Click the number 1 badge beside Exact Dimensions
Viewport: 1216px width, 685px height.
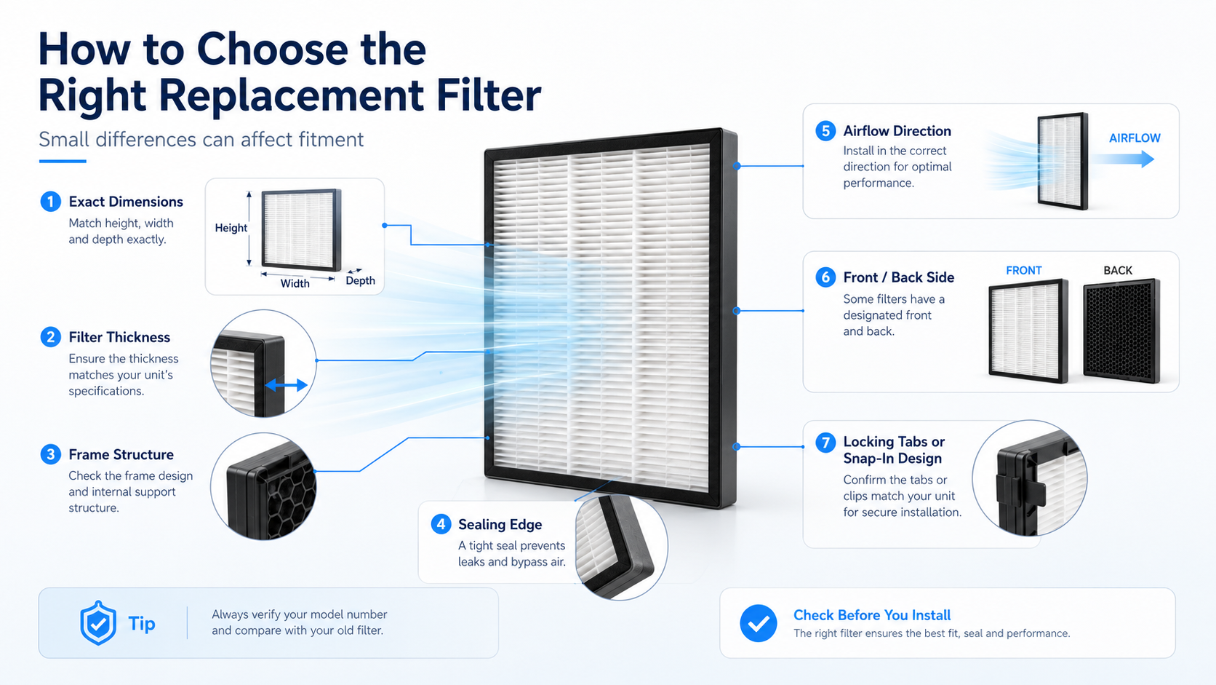[x=50, y=202]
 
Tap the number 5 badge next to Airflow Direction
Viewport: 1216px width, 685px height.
[x=825, y=131]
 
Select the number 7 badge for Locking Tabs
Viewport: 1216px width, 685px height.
[x=825, y=442]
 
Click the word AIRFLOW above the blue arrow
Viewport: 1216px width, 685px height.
[x=1135, y=138]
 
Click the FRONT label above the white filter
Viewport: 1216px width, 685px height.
[x=1023, y=271]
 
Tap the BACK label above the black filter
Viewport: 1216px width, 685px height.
[x=1118, y=271]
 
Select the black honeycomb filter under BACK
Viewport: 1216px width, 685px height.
[x=1121, y=330]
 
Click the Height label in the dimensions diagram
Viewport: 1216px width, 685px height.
[x=231, y=228]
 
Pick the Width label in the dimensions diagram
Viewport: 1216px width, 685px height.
[x=295, y=283]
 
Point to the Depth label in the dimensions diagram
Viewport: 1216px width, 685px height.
[x=361, y=281]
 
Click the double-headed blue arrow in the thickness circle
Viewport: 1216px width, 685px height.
[x=286, y=385]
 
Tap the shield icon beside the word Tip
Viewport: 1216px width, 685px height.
[x=98, y=622]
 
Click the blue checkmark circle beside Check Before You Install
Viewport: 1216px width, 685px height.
[x=758, y=623]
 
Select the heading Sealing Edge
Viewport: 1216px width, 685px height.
[x=500, y=524]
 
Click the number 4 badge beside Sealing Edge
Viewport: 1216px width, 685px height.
[x=441, y=524]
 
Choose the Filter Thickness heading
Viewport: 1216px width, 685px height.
[x=119, y=337]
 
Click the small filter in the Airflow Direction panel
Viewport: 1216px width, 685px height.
[x=1063, y=161]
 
